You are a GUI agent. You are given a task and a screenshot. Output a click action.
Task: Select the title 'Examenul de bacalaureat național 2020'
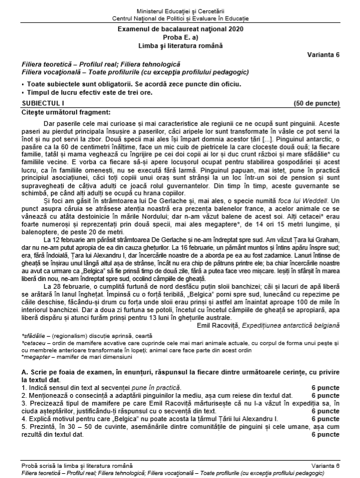pyautogui.click(x=180, y=29)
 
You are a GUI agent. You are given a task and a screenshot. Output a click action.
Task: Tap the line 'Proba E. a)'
pyautogui.click(x=180, y=37)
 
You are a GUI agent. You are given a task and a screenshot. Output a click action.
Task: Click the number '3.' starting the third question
pyautogui.click(x=25, y=412)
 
